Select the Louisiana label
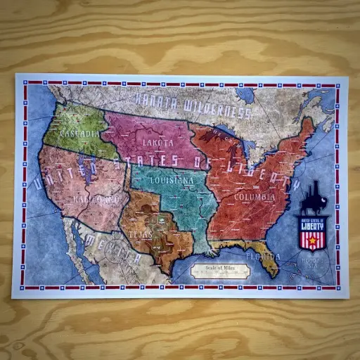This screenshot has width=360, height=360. (172, 181)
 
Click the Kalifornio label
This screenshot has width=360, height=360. (95, 199)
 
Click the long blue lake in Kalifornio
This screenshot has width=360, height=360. (87, 180)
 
